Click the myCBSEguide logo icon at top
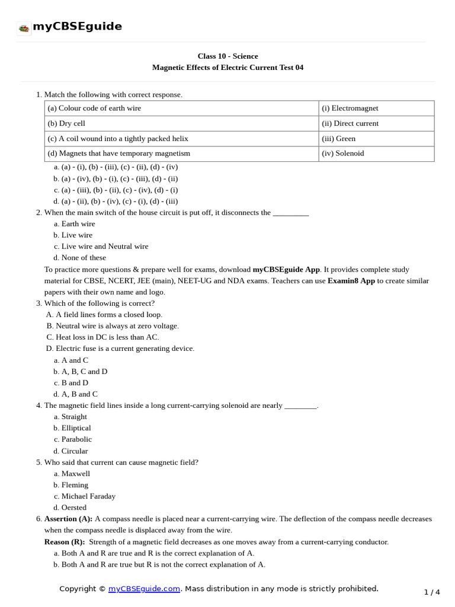click(x=24, y=27)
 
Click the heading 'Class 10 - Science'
click(x=227, y=56)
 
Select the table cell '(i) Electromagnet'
click(x=350, y=108)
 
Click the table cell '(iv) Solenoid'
click(x=342, y=153)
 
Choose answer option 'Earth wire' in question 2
click(x=78, y=223)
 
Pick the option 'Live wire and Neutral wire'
click(x=104, y=246)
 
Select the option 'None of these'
click(x=84, y=257)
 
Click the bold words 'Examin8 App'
click(x=351, y=280)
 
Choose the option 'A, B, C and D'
click(x=84, y=371)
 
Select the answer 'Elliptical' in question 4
click(x=76, y=427)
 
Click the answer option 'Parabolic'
click(x=76, y=439)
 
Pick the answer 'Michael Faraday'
click(x=88, y=496)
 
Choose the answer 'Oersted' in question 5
click(x=73, y=507)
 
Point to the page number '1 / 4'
click(x=432, y=592)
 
